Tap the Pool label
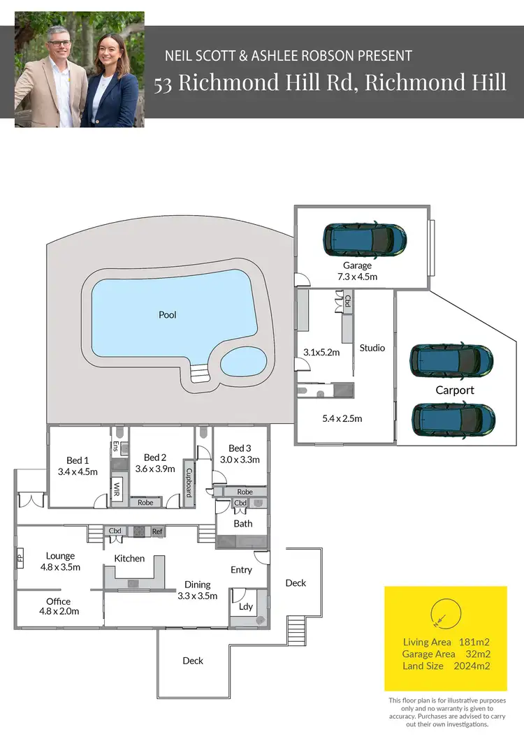(168, 315)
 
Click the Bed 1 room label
(78, 460)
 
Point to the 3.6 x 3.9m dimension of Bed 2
(154, 469)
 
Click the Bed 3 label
(240, 448)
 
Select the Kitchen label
(129, 558)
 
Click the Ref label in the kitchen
(157, 531)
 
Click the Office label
(59, 601)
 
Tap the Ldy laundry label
(245, 606)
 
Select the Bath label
(243, 523)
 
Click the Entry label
(241, 570)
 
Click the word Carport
(455, 390)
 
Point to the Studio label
(372, 348)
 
